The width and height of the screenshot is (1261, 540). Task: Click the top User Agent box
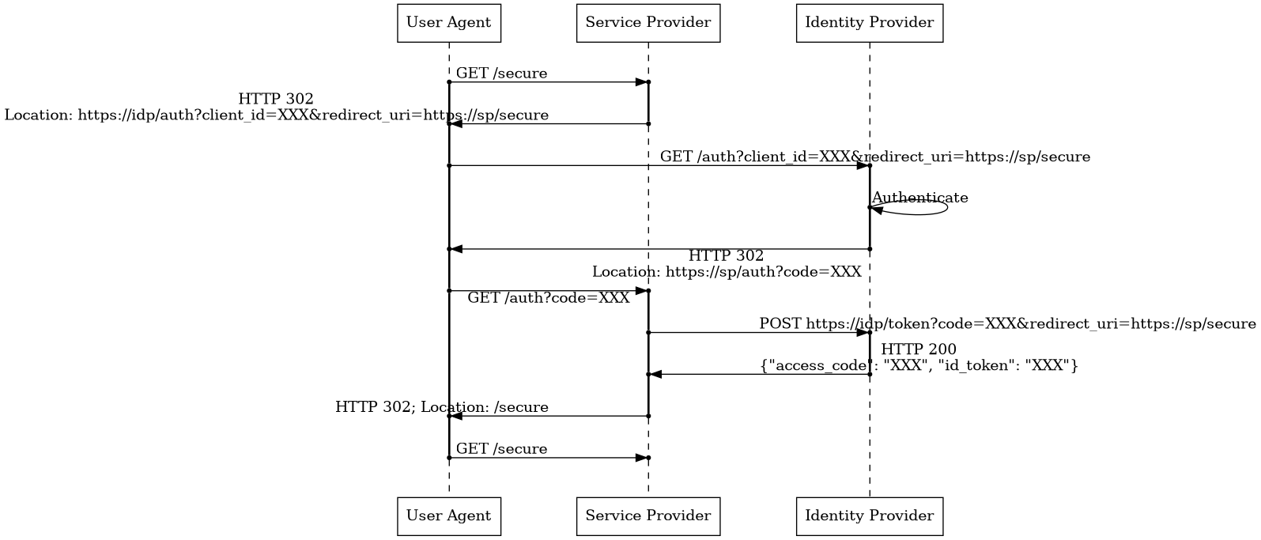[x=448, y=23]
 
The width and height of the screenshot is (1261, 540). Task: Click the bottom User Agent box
[x=448, y=516]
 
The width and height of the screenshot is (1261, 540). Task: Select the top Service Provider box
[x=647, y=23]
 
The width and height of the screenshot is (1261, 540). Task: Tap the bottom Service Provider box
[x=647, y=516]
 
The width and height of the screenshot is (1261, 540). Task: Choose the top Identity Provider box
[x=869, y=23]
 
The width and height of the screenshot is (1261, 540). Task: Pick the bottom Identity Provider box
[x=869, y=516]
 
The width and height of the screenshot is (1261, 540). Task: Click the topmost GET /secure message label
[x=501, y=74]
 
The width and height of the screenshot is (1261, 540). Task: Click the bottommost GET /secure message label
[x=501, y=449]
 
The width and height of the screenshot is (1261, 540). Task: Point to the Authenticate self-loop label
[x=919, y=198]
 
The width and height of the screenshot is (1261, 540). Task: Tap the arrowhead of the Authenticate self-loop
[x=876, y=210]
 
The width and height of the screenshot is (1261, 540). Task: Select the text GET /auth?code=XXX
[x=549, y=298]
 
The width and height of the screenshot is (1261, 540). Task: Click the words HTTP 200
[x=918, y=349]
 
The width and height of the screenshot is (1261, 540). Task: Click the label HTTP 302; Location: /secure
[x=441, y=408]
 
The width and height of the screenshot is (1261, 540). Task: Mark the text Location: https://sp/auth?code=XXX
[x=726, y=271]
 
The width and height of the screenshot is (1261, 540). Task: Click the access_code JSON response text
[x=918, y=365]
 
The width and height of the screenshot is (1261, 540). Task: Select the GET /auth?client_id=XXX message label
[x=874, y=157]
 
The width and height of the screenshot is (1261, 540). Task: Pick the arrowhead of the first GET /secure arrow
[x=641, y=82]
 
